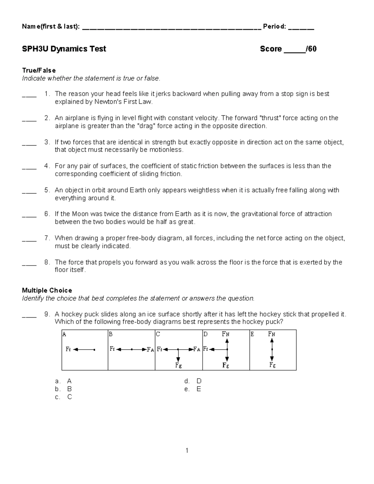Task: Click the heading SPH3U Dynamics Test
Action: tap(64, 49)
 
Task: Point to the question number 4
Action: tap(47, 166)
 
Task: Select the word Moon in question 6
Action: tap(80, 214)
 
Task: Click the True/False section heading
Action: tap(39, 70)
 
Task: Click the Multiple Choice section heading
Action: tap(47, 290)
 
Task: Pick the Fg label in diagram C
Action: tap(178, 365)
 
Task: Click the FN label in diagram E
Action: tap(271, 334)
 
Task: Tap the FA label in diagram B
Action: tap(150, 350)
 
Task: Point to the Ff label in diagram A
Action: tap(68, 349)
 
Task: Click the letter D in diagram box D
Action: tap(205, 334)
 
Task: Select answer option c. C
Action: tap(64, 397)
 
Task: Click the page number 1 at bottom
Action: tap(187, 450)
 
